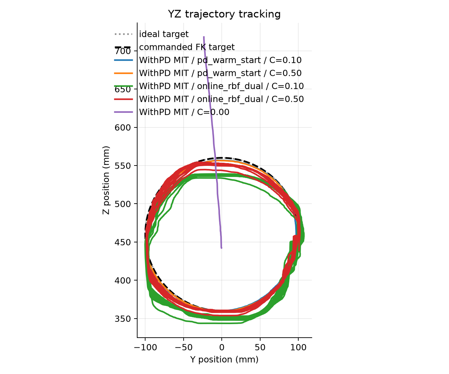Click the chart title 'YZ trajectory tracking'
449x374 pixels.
(224, 14)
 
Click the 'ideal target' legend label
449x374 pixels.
(164, 34)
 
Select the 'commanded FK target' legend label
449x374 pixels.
(187, 47)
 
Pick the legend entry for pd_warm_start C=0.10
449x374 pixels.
(220, 60)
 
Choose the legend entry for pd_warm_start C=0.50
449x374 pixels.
(220, 73)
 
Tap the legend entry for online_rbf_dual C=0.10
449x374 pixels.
(221, 86)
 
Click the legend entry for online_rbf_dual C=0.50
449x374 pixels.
(221, 99)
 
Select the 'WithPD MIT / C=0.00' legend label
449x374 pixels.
(184, 112)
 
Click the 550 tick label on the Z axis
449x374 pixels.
(123, 166)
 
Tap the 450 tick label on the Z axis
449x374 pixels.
(123, 242)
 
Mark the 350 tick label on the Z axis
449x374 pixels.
(123, 319)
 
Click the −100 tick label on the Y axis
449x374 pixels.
(146, 348)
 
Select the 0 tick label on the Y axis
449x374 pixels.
(222, 348)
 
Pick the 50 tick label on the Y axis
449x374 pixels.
(260, 348)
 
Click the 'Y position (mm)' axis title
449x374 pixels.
(224, 359)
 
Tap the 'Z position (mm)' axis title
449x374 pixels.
(106, 180)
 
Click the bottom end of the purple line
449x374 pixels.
(221, 248)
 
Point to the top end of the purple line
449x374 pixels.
(204, 37)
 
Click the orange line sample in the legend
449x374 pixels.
(123, 73)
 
